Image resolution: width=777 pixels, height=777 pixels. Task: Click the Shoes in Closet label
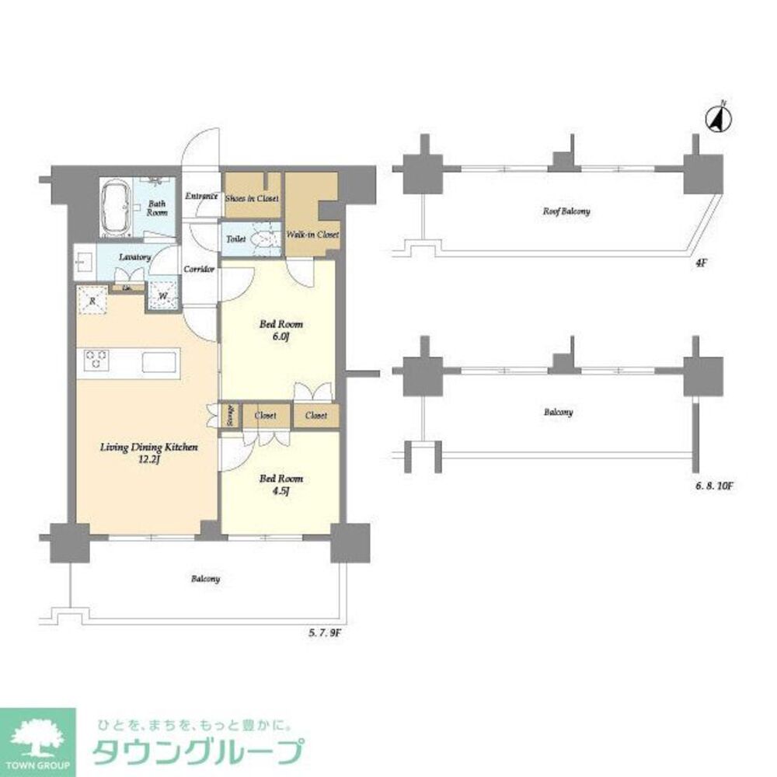click(x=252, y=198)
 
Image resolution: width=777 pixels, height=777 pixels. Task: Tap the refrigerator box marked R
click(x=92, y=300)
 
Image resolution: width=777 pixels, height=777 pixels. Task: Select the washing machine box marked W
click(x=163, y=296)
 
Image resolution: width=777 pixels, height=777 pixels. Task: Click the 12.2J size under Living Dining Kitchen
click(x=148, y=459)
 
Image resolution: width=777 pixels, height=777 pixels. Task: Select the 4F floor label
click(x=701, y=263)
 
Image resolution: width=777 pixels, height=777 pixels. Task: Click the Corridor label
click(x=198, y=269)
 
